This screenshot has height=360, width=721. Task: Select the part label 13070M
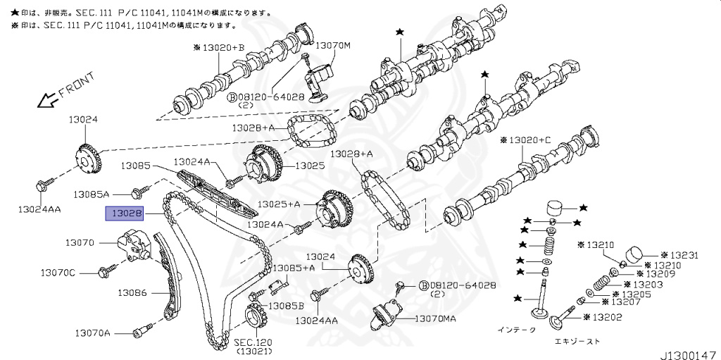click(332, 46)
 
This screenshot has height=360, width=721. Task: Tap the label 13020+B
click(218, 47)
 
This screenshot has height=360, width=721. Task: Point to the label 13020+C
click(526, 140)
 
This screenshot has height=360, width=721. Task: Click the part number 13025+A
click(278, 204)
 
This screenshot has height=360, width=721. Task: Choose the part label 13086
click(132, 292)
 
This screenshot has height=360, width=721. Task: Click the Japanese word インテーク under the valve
click(516, 329)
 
